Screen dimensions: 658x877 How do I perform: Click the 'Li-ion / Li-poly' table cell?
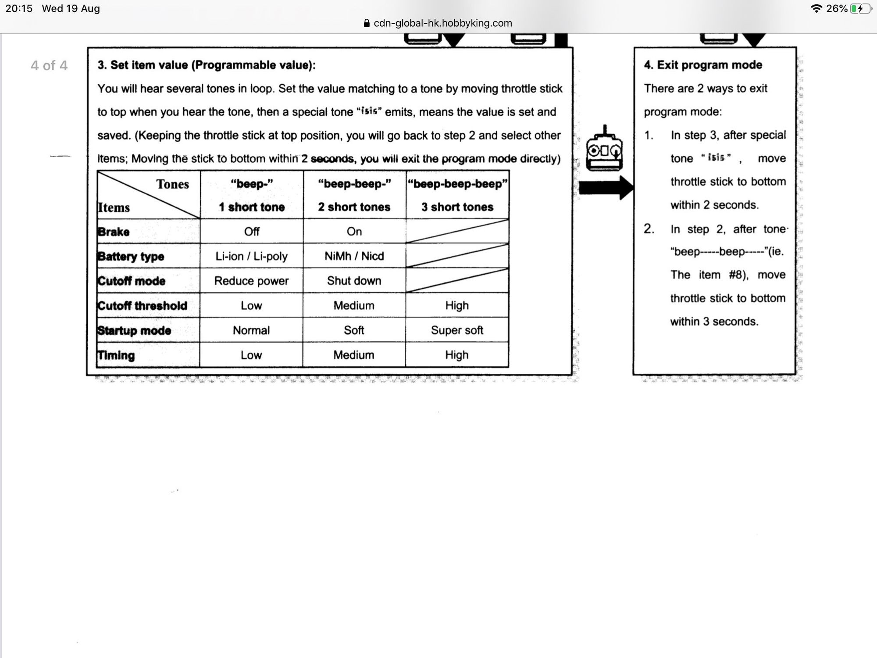pyautogui.click(x=251, y=256)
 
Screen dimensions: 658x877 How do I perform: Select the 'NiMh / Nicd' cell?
pyautogui.click(x=354, y=256)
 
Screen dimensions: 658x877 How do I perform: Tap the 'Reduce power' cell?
pyautogui.click(x=251, y=281)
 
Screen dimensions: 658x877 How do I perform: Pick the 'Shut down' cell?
pyautogui.click(x=354, y=281)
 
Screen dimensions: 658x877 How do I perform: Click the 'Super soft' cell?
pyautogui.click(x=457, y=330)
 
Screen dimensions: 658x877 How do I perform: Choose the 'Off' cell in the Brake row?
pyautogui.click(x=252, y=232)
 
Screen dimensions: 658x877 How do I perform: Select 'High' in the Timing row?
pyautogui.click(x=457, y=355)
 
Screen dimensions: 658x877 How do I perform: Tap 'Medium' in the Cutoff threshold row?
pyautogui.click(x=354, y=306)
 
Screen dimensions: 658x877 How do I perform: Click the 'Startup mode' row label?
pyautogui.click(x=134, y=330)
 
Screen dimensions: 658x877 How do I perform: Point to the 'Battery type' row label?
pyautogui.click(x=131, y=256)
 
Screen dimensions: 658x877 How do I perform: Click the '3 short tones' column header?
pyautogui.click(x=457, y=207)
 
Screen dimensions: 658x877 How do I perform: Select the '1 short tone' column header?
pyautogui.click(x=252, y=207)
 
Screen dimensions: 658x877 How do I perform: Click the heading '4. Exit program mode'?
pyautogui.click(x=703, y=65)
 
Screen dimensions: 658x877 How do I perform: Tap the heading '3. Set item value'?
pyautogui.click(x=207, y=65)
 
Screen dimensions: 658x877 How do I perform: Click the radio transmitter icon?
pyautogui.click(x=605, y=150)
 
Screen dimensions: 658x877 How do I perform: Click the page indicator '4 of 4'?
pyautogui.click(x=49, y=66)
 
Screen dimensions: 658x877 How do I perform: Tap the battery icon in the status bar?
pyautogui.click(x=860, y=9)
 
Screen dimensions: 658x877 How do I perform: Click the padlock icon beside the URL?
pyautogui.click(x=367, y=23)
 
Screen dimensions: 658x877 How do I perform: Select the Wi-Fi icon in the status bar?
pyautogui.click(x=816, y=9)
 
